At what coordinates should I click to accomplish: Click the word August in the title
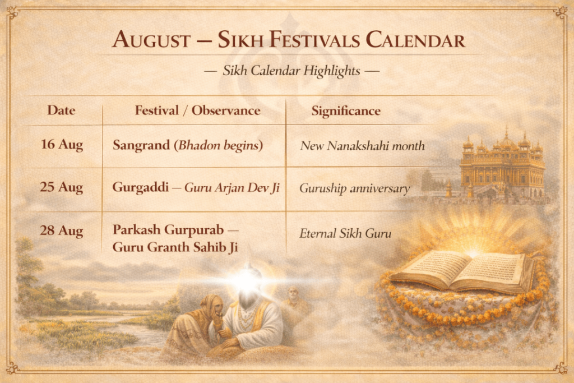151,39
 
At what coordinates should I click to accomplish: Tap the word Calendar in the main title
415,39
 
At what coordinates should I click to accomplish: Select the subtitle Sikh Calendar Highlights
291,71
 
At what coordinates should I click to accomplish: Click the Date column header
61,110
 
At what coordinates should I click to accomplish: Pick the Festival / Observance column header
198,110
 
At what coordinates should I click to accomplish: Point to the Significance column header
346,111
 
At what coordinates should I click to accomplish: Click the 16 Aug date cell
62,145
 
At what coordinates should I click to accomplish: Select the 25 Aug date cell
62,187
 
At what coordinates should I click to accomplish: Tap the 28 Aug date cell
62,230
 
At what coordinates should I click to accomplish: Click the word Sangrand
141,145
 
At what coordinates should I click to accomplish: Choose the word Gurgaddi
141,187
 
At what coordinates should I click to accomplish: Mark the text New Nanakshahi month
363,146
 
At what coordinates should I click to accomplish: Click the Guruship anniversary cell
354,188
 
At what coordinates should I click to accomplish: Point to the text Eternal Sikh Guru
345,233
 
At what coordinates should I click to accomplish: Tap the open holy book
462,271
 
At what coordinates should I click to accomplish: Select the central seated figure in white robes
249,311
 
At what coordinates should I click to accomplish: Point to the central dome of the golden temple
507,139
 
